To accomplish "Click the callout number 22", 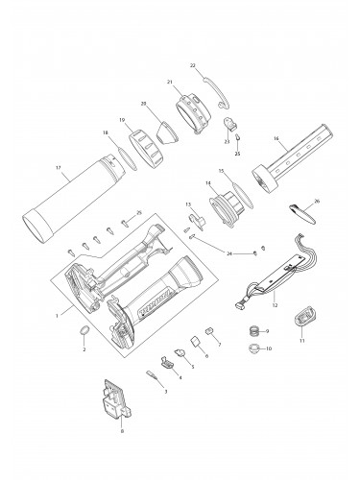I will click(192, 66).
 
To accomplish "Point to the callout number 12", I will click(275, 305).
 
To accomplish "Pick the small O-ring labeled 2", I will click(84, 332).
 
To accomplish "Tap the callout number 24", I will click(229, 254).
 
